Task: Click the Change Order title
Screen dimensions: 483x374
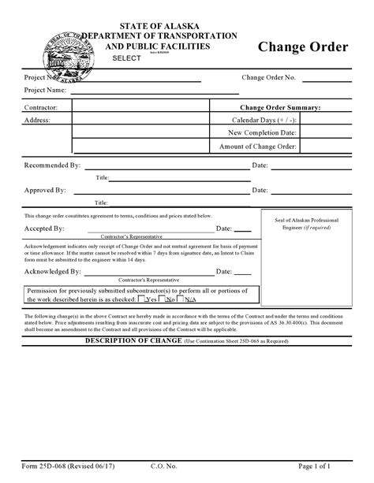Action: [302, 48]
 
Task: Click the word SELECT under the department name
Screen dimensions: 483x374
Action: [126, 59]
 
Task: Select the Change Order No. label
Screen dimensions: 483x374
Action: [269, 77]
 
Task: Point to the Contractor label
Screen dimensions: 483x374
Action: [43, 106]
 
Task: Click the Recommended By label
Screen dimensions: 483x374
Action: [53, 165]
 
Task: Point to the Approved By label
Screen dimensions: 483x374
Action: [45, 191]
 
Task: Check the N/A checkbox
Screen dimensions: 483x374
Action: [181, 299]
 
